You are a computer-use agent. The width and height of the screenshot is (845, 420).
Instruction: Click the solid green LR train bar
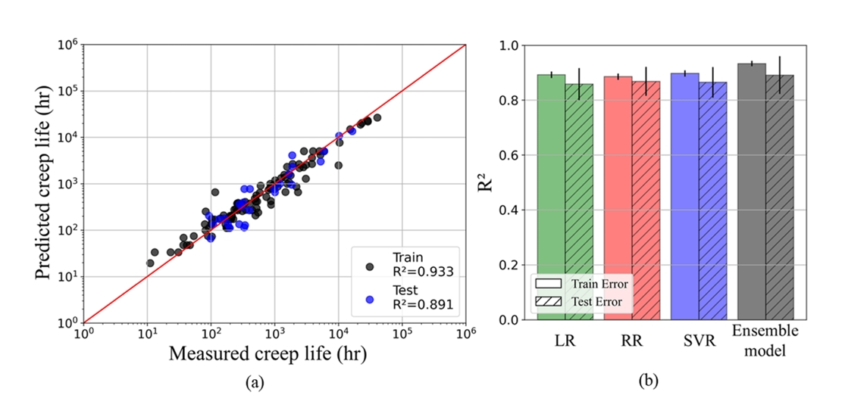click(x=550, y=197)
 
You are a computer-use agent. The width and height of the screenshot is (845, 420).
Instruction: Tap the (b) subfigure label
click(x=649, y=382)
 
